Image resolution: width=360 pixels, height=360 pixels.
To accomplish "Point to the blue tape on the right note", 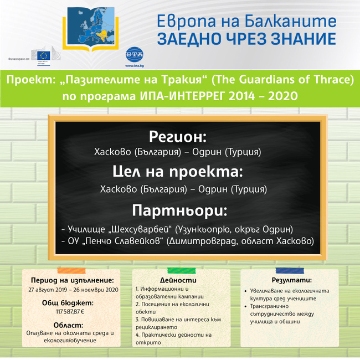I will click(x=289, y=270).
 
